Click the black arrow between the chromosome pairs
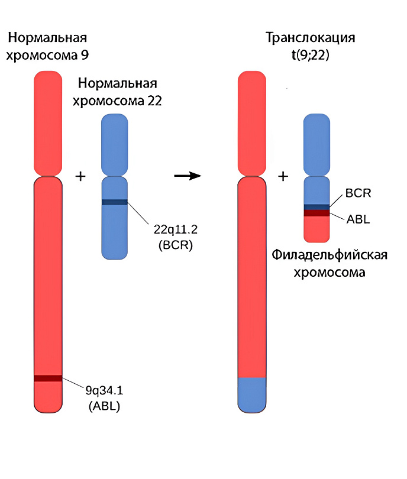188,176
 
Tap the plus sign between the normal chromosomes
80,176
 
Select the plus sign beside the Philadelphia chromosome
283,176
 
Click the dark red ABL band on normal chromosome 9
48,378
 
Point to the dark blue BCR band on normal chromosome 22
115,202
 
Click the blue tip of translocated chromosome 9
252,394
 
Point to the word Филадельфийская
330,255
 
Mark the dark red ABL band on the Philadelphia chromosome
316,213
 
